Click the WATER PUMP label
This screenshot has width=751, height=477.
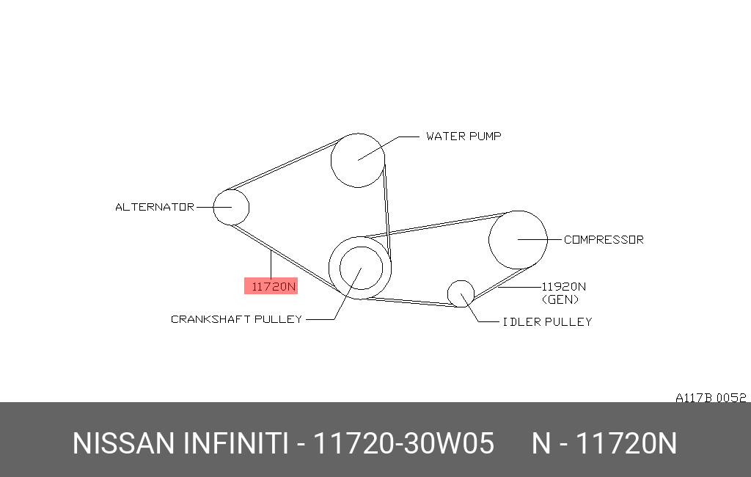tap(464, 136)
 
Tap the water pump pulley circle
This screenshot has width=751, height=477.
tap(331, 160)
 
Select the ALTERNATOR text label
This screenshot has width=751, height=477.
tap(155, 207)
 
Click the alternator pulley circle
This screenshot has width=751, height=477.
tap(213, 207)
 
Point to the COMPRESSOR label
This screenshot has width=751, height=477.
tap(604, 239)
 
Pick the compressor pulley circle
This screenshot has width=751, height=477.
tap(489, 240)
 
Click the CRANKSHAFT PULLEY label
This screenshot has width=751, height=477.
tap(237, 319)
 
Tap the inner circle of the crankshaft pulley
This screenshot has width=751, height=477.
tap(340, 268)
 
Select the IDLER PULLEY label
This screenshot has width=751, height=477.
tap(547, 321)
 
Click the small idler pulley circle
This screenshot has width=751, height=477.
tap(448, 294)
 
